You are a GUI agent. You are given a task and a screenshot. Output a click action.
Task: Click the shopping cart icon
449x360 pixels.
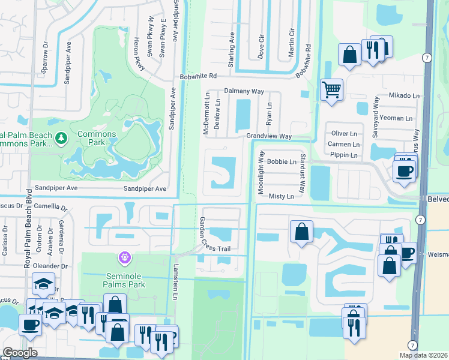pyautogui.click(x=331, y=90)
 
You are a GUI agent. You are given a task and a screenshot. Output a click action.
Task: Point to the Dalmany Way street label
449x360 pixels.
pyautogui.click(x=244, y=91)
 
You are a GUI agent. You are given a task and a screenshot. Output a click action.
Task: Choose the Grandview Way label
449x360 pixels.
pyautogui.click(x=268, y=137)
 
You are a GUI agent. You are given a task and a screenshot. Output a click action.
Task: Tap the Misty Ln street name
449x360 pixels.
pyautogui.click(x=281, y=196)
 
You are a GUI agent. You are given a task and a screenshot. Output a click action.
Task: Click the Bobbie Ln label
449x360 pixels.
pyautogui.click(x=282, y=162)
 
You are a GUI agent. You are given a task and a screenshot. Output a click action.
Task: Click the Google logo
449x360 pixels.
pyautogui.click(x=20, y=352)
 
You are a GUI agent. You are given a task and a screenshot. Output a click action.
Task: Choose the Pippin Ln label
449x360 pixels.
pyautogui.click(x=344, y=155)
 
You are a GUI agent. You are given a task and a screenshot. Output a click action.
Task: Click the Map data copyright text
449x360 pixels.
pyautogui.click(x=423, y=355)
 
